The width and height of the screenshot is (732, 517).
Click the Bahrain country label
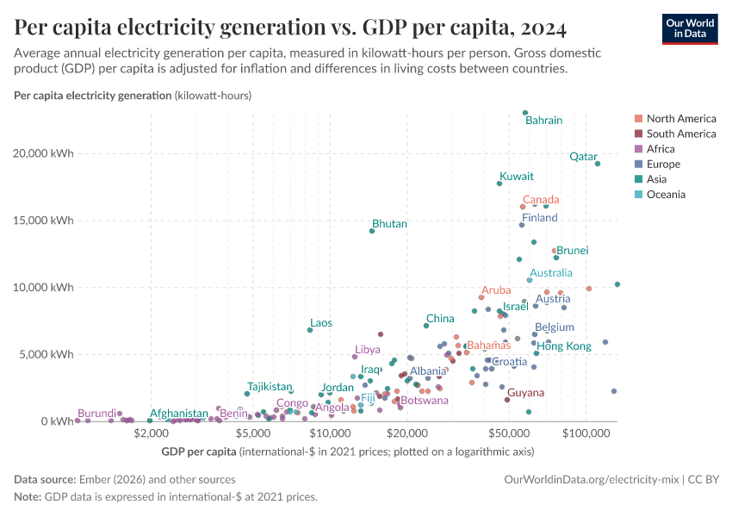pos(543,121)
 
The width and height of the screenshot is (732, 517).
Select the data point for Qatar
pos(598,164)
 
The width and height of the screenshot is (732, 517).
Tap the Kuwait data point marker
pos(499,184)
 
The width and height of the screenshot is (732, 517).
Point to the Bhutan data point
pos(372,231)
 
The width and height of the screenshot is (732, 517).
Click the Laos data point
pos(310,330)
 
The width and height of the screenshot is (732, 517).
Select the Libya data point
pos(355,357)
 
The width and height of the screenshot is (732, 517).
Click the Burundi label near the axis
pos(96,414)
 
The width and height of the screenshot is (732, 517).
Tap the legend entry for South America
pos(680,134)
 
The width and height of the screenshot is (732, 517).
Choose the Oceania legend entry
pos(666,195)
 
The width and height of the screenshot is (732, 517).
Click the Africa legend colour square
pos(637,149)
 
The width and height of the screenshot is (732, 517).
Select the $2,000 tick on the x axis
pos(150,433)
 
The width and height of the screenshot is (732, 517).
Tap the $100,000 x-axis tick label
pos(586,433)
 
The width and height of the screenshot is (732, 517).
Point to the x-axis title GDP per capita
pos(199,452)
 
